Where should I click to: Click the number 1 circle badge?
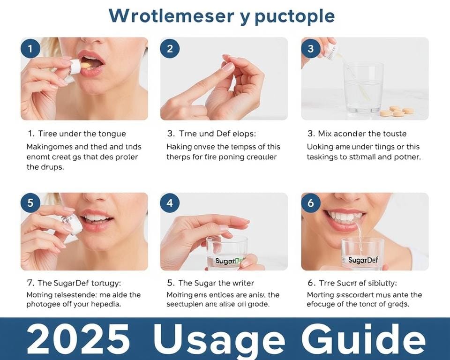click(30, 49)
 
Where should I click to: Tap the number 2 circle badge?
click(170, 49)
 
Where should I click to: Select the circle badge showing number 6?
click(311, 203)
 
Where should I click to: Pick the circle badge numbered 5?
click(30, 203)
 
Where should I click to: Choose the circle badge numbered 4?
click(170, 203)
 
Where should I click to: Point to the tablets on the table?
click(397, 112)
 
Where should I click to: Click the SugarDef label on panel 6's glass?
click(363, 260)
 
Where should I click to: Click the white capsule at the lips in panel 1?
click(75, 67)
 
